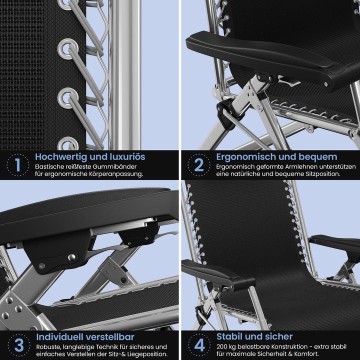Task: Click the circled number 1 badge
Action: (x=18, y=165)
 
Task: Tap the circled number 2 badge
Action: (x=199, y=165)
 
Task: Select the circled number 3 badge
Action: (x=19, y=345)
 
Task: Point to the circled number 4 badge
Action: (x=199, y=345)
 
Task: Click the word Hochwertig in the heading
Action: (x=61, y=157)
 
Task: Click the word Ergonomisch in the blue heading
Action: (x=243, y=157)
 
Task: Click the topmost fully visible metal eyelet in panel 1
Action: (x=68, y=49)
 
